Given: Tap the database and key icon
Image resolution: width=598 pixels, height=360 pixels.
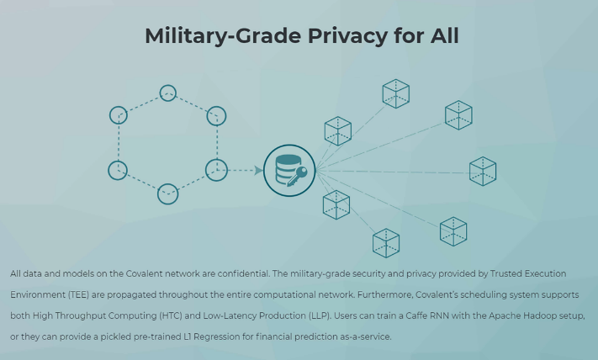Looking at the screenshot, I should click(288, 171).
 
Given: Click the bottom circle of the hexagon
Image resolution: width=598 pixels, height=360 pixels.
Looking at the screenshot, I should click(168, 193).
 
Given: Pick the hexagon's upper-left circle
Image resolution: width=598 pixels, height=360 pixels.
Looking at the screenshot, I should click(119, 115).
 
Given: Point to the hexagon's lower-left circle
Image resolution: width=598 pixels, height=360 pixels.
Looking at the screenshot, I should click(118, 170).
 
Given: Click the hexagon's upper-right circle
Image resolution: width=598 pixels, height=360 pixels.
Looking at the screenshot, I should click(216, 115).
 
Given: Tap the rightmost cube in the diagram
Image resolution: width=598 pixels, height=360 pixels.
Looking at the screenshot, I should click(483, 171).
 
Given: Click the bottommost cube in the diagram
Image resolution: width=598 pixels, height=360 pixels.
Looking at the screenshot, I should click(386, 243).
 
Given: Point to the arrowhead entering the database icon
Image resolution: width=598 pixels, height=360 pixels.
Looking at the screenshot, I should click(258, 171).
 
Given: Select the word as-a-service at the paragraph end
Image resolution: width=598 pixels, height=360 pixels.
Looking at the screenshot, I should click(366, 337).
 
